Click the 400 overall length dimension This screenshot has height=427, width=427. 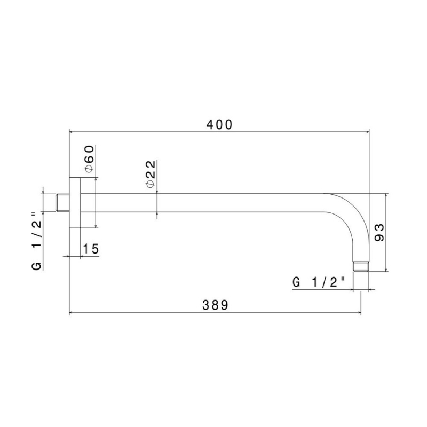(x=219, y=124)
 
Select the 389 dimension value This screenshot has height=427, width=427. (x=216, y=305)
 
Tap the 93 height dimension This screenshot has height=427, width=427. (x=380, y=233)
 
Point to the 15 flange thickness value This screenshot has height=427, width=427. (x=91, y=249)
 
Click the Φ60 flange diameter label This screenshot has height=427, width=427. (x=89, y=159)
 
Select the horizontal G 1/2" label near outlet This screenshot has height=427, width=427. (x=319, y=282)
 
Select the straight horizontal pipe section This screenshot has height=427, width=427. (x=203, y=203)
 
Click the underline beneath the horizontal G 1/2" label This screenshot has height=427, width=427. (x=320, y=290)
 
